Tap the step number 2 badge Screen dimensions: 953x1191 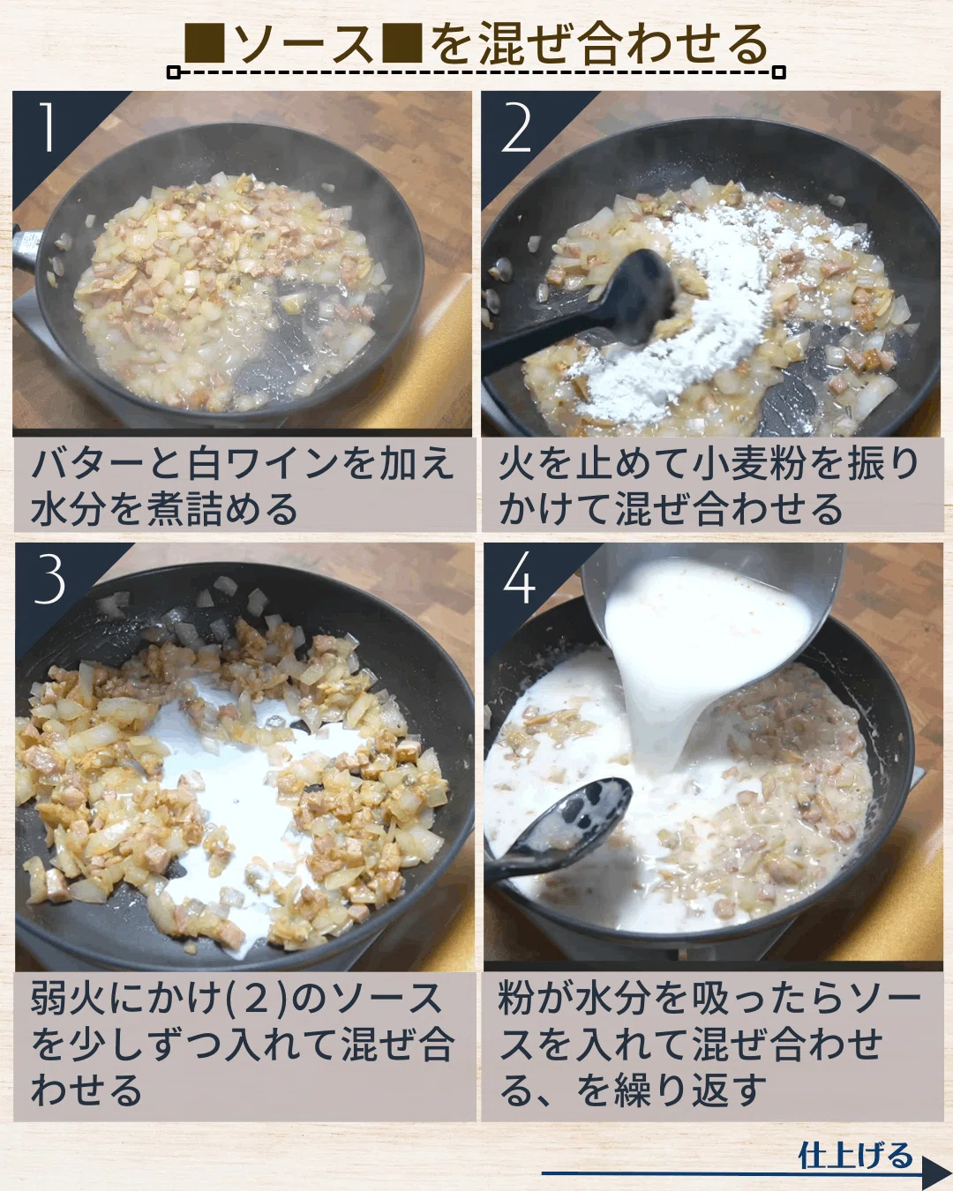(x=516, y=129)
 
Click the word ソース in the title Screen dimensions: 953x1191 (x=304, y=44)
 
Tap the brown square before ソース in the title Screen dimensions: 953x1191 (x=205, y=44)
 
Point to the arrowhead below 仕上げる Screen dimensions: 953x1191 (x=935, y=1171)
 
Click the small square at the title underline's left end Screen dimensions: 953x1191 (x=173, y=72)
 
